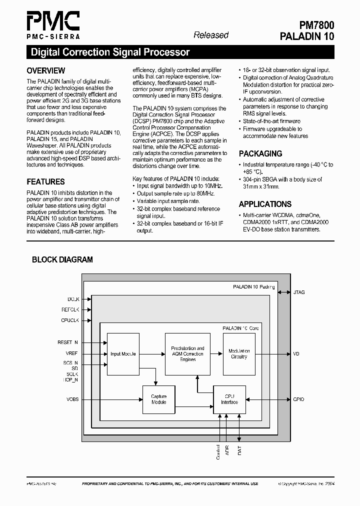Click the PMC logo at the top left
tap(52, 25)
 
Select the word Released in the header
tap(210, 35)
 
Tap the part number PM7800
tap(313, 25)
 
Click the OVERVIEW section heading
tap(45, 71)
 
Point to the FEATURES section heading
tap(45, 182)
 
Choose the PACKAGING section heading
tap(260, 154)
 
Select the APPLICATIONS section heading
tap(265, 204)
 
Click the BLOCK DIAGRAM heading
tap(62, 259)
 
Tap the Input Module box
tap(123, 354)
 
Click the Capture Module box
tap(158, 399)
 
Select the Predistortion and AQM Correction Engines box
tap(187, 354)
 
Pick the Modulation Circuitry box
tap(239, 354)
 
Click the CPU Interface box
tap(229, 399)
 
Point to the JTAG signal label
tap(299, 292)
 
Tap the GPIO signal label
tap(298, 399)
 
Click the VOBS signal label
tap(72, 399)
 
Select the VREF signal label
tap(71, 353)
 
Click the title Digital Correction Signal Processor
tap(110, 52)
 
